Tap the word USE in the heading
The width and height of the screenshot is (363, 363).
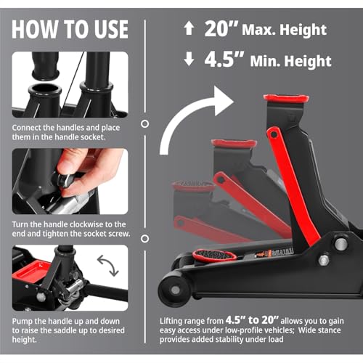111,29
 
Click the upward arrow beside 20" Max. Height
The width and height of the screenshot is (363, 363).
189,28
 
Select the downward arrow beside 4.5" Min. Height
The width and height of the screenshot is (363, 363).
189,60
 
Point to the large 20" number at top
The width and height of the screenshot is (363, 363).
221,29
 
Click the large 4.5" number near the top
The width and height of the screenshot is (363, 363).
224,60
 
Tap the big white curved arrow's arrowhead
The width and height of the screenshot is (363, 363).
224,101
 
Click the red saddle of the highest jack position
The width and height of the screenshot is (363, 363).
286,98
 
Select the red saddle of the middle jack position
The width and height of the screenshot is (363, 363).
234,143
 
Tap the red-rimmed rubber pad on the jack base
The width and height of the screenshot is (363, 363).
214,255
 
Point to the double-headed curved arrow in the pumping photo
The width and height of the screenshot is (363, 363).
107,266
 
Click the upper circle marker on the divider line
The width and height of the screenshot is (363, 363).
144,124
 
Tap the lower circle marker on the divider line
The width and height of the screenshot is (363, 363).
144,239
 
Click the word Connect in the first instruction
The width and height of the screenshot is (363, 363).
26,128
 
